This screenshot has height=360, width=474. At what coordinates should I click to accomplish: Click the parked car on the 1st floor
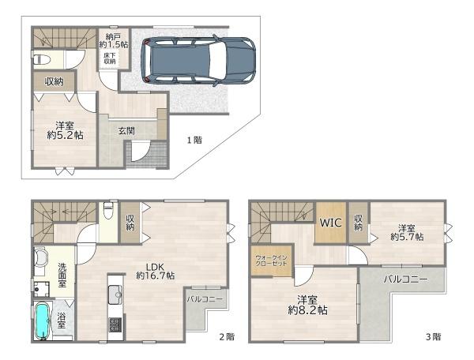coord(198,61)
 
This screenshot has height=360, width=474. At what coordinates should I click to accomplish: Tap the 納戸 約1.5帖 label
coord(114,41)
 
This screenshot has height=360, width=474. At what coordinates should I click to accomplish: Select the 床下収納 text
coord(110,58)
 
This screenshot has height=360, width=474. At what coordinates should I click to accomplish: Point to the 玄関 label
coord(126,131)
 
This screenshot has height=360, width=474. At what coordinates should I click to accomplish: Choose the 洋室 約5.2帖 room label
coord(65,130)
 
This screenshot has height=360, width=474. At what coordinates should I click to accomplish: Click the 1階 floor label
coord(194,141)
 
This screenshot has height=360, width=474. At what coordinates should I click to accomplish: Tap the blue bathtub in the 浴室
coord(42,321)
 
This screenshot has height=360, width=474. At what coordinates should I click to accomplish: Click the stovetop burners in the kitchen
coord(115,324)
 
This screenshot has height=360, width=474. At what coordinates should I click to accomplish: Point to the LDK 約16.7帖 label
coord(155,271)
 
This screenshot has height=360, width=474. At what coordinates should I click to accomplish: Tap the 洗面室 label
coord(62,276)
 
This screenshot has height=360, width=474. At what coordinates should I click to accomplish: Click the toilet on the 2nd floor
coord(108,211)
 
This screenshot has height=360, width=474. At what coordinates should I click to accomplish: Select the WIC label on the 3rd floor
coord(331,223)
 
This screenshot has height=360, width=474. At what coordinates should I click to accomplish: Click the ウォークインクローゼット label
coord(271,261)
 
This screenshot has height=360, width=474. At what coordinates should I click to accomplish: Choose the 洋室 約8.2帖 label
coord(307,306)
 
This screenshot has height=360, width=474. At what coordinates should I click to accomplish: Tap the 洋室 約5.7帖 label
coord(407,232)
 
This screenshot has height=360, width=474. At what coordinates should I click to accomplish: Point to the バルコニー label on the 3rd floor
coord(406,279)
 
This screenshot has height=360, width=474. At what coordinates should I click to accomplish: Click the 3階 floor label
coord(433,337)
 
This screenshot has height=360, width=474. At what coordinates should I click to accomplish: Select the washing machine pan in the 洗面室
coord(41,290)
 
